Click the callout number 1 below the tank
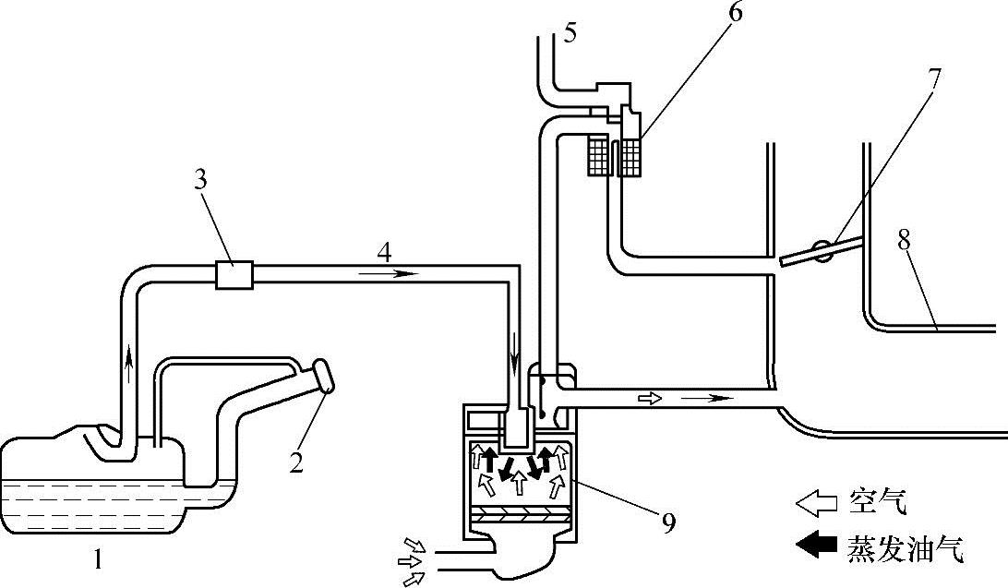pyautogui.click(x=98, y=561)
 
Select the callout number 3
pyautogui.click(x=200, y=181)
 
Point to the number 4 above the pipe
pyautogui.click(x=384, y=253)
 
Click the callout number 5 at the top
pyautogui.click(x=570, y=31)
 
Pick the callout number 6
pyautogui.click(x=735, y=13)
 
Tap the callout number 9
pyautogui.click(x=668, y=522)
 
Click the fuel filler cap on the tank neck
pyautogui.click(x=324, y=376)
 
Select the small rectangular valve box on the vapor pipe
pyautogui.click(x=234, y=274)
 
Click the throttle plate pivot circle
pyautogui.click(x=822, y=251)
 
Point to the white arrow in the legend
pyautogui.click(x=816, y=503)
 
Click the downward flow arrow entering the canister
pyautogui.click(x=514, y=365)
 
